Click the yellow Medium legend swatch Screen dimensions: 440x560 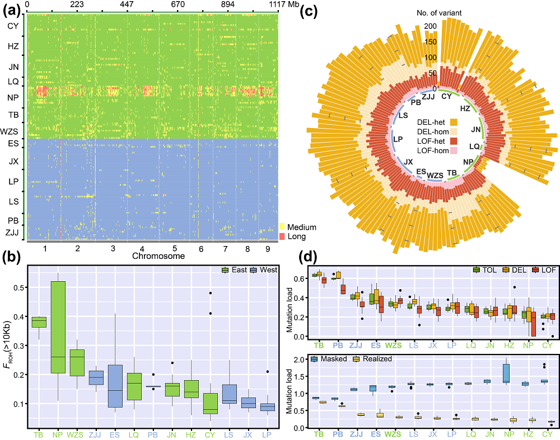click(x=283, y=227)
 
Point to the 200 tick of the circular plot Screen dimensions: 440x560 click(x=431, y=26)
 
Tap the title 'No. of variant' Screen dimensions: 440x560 click(x=439, y=12)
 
